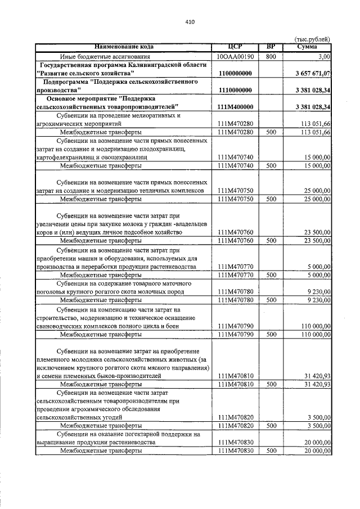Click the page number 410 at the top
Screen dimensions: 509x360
tap(189, 22)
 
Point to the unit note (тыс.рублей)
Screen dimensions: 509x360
tap(312, 39)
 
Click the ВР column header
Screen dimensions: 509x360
tap(271, 46)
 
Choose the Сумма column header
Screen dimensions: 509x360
tap(307, 46)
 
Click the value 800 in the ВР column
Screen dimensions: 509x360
tap(271, 57)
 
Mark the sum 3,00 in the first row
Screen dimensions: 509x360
tap(324, 57)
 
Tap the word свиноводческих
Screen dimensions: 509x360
tap(59, 326)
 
